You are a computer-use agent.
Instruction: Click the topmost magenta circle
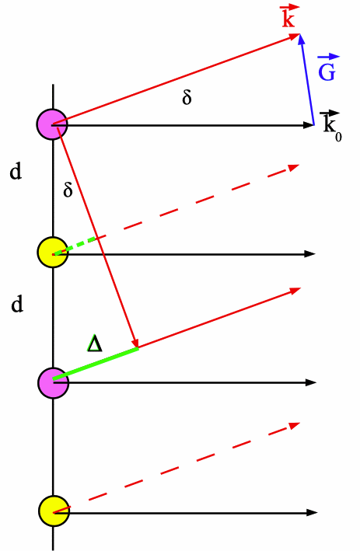52,124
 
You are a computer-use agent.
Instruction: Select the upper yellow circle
53,253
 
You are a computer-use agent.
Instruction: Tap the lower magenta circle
54,383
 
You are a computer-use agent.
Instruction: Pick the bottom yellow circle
54,511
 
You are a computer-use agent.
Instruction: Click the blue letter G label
327,68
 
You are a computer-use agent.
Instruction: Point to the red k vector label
289,16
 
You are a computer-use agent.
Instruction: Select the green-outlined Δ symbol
95,343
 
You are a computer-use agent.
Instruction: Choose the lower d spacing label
17,304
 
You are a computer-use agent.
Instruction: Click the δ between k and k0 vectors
187,97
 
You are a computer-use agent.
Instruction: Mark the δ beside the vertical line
68,190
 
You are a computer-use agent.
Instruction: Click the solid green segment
96,364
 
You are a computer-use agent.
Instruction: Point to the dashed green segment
75,246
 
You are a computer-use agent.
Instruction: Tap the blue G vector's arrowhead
301,39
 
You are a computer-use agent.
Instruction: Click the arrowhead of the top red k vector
295,36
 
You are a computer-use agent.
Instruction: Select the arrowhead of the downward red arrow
135,343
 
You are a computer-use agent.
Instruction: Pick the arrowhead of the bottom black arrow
313,513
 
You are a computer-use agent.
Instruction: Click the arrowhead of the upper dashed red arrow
294,167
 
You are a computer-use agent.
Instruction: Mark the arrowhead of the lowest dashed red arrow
295,426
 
